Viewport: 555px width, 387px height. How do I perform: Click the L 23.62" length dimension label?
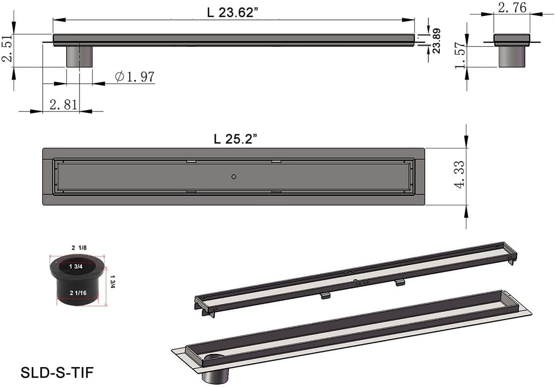233,12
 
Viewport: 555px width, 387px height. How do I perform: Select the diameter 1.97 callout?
135,76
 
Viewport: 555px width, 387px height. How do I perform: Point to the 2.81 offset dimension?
63,104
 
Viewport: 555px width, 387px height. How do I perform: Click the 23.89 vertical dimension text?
437,41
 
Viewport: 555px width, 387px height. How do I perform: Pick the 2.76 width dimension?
512,7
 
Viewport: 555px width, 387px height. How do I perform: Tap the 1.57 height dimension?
461,55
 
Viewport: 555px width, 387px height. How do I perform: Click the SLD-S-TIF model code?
57,372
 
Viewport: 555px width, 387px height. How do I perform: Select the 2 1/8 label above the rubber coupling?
79,248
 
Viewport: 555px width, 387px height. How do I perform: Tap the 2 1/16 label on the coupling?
78,293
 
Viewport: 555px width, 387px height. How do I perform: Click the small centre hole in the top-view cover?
234,177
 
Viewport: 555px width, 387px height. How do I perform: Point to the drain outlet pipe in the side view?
79,56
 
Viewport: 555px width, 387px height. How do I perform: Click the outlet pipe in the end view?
512,56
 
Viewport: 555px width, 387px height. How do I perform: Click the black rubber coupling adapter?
77,280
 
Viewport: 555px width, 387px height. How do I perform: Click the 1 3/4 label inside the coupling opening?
76,266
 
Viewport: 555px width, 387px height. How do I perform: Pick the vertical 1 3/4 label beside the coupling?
113,282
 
